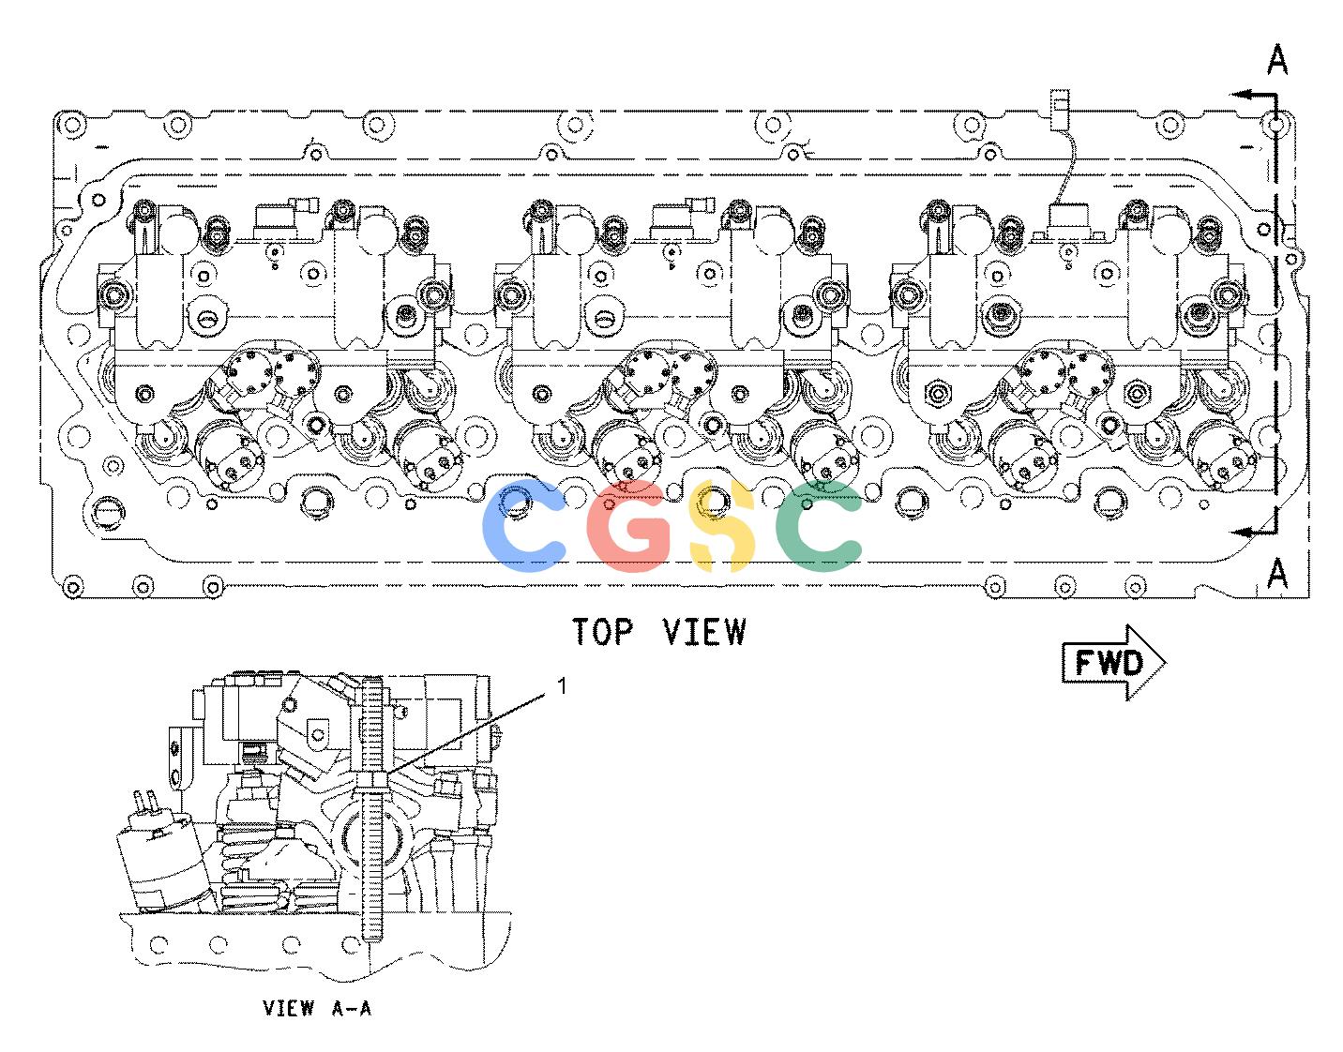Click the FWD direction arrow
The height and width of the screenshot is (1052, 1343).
tap(1113, 663)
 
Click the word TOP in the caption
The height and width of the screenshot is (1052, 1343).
tap(603, 632)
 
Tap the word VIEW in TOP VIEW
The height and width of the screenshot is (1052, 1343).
tap(704, 632)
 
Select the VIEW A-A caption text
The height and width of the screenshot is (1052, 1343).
tap(317, 1008)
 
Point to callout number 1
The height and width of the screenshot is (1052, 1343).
tap(562, 685)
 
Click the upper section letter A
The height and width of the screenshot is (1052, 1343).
tap(1277, 60)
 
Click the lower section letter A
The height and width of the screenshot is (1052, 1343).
tap(1277, 573)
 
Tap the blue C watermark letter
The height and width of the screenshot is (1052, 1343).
tap(524, 526)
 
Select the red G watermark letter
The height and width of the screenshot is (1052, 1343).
tap(628, 526)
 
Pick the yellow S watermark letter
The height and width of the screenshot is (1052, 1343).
tap(722, 526)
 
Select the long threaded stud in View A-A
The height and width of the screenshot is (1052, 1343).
tap(371, 809)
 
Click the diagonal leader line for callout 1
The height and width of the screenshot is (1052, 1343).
tap(465, 733)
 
